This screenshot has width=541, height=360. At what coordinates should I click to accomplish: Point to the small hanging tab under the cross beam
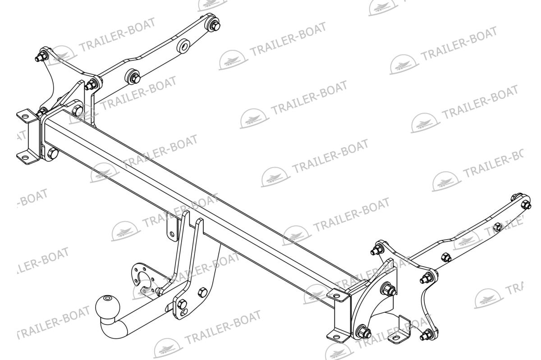coord(172,227)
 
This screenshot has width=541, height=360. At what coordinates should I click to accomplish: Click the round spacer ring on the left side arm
coord(183,46)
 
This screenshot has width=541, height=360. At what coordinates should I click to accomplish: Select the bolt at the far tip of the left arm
coord(214,24)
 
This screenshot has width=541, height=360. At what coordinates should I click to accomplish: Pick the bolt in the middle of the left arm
coord(133,77)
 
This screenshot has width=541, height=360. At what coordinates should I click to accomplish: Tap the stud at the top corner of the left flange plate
coord(41,56)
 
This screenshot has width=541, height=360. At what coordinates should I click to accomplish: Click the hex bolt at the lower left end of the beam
coord(53,154)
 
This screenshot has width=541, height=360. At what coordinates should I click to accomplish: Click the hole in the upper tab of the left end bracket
coord(25,116)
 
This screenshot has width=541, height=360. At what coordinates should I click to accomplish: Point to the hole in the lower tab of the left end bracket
coord(25,159)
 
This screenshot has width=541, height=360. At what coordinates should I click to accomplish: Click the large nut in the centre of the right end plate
coord(388,289)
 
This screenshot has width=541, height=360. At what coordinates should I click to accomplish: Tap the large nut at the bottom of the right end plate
coord(364,332)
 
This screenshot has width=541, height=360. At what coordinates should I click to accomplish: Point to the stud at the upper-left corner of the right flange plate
coord(377,251)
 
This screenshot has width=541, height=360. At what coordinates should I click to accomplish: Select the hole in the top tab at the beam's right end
coord(335,296)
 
